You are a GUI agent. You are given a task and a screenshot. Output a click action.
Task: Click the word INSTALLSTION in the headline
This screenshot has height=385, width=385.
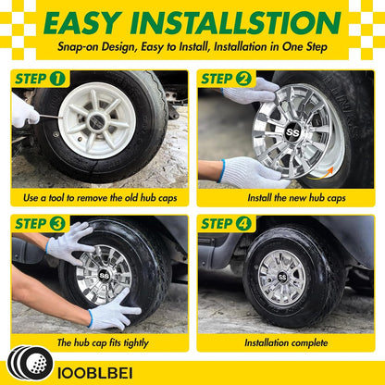pyautogui.click(x=236, y=23)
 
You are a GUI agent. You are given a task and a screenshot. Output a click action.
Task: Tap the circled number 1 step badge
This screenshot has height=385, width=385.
pyautogui.click(x=57, y=79)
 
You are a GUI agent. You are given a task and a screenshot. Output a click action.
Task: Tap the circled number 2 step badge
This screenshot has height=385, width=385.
pyautogui.click(x=243, y=79)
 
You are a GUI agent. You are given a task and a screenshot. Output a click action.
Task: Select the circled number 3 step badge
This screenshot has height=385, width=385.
pyautogui.click(x=57, y=224)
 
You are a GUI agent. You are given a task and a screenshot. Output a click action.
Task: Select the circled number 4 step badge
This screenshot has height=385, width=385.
pyautogui.click(x=243, y=224)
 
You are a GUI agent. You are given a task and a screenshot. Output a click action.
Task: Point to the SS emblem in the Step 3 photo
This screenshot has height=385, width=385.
pyautogui.click(x=103, y=275)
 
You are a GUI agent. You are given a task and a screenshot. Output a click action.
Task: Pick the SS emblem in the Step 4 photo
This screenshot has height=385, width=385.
pyautogui.click(x=282, y=278)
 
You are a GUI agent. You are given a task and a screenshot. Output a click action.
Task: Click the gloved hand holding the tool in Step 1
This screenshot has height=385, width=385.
pyautogui.click(x=23, y=110)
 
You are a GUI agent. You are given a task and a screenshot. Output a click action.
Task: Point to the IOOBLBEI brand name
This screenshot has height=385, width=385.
pyautogui.click(x=95, y=373)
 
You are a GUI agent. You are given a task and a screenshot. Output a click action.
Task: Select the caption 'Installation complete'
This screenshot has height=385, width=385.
pyautogui.click(x=286, y=342)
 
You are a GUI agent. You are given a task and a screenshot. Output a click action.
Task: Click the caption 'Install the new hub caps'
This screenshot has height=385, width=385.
pyautogui.click(x=296, y=198)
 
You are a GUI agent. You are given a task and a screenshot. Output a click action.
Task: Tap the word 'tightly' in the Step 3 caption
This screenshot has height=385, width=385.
pyautogui.click(x=136, y=343)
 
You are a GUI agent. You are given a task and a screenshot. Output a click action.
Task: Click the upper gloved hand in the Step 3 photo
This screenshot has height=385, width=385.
pyautogui.click(x=70, y=242)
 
